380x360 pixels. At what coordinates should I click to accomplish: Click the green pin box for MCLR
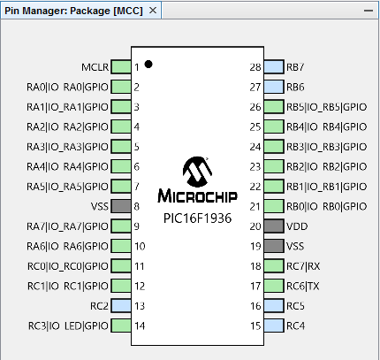click(121, 67)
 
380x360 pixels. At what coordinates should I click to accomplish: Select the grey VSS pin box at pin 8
click(121, 206)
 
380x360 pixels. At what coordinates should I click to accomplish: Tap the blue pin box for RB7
click(274, 67)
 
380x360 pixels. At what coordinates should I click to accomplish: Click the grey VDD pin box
click(274, 226)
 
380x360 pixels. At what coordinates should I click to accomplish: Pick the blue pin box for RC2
click(121, 306)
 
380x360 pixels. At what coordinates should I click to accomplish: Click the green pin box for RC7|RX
click(274, 266)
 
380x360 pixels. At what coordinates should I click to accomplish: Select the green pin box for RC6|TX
click(274, 286)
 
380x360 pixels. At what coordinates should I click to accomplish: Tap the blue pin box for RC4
click(274, 326)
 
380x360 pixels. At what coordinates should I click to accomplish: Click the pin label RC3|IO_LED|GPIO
click(68, 326)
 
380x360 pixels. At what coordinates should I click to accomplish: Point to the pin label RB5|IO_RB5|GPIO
click(327, 107)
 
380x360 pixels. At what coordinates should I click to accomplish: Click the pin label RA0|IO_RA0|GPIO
click(67, 87)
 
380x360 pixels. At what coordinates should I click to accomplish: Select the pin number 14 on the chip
click(140, 326)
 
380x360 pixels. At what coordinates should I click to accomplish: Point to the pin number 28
click(255, 67)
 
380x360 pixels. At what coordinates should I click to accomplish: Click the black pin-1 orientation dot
click(148, 64)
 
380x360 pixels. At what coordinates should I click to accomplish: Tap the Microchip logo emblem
click(197, 172)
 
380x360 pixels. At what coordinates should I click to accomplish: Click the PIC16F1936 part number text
click(197, 218)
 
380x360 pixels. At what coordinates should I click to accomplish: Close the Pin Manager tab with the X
click(153, 11)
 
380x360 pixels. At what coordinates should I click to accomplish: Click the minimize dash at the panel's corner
click(369, 11)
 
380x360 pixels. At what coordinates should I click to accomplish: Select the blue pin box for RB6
click(274, 87)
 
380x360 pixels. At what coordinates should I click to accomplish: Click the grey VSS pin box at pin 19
click(274, 246)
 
